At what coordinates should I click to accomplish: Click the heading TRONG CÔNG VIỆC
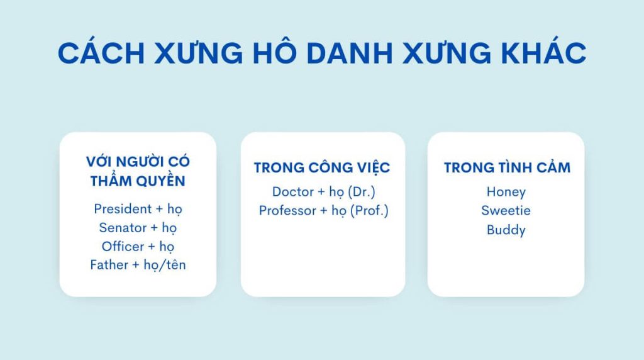pos(322,167)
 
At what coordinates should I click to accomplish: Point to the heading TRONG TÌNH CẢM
pos(508,167)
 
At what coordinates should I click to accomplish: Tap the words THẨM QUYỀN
pos(138,180)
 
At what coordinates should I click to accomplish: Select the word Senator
pos(123,228)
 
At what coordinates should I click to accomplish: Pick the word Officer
pos(123,246)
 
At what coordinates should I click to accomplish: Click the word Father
pos(109,265)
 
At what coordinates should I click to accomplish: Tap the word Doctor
pos(293,191)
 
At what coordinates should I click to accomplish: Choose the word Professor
pos(287,210)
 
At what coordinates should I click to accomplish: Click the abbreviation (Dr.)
pos(362,192)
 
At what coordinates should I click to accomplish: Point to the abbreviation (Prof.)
pos(369,211)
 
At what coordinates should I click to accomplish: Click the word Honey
pos(506,193)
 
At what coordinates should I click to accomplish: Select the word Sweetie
pos(506,210)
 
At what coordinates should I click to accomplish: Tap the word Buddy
pos(506,230)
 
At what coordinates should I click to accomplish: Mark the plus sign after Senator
pos(154,228)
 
